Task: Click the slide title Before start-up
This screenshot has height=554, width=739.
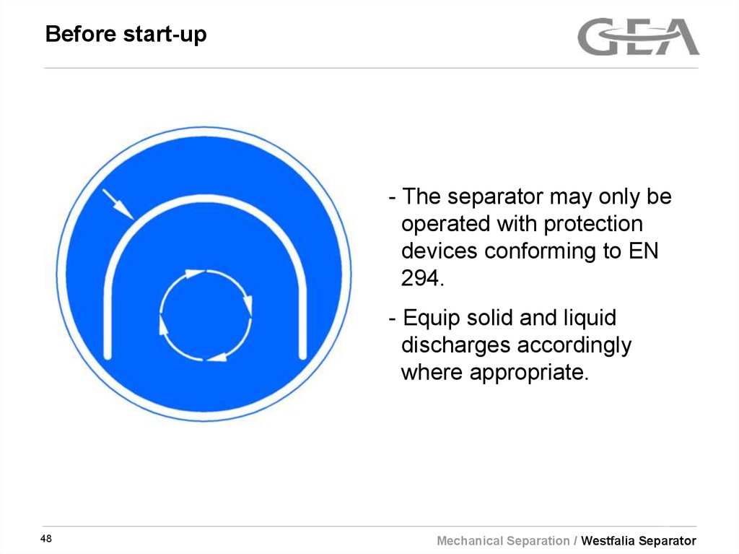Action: [x=126, y=34]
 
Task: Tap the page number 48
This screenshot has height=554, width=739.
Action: [x=46, y=540]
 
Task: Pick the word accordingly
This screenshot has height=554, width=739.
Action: [x=574, y=345]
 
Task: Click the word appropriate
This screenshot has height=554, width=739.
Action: [x=525, y=373]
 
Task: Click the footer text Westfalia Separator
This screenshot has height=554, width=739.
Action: [x=639, y=540]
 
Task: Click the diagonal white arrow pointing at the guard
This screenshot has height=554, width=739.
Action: [x=118, y=204]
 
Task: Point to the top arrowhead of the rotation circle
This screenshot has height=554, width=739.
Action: [x=193, y=273]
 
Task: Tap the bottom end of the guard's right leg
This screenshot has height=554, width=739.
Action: [x=303, y=354]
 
